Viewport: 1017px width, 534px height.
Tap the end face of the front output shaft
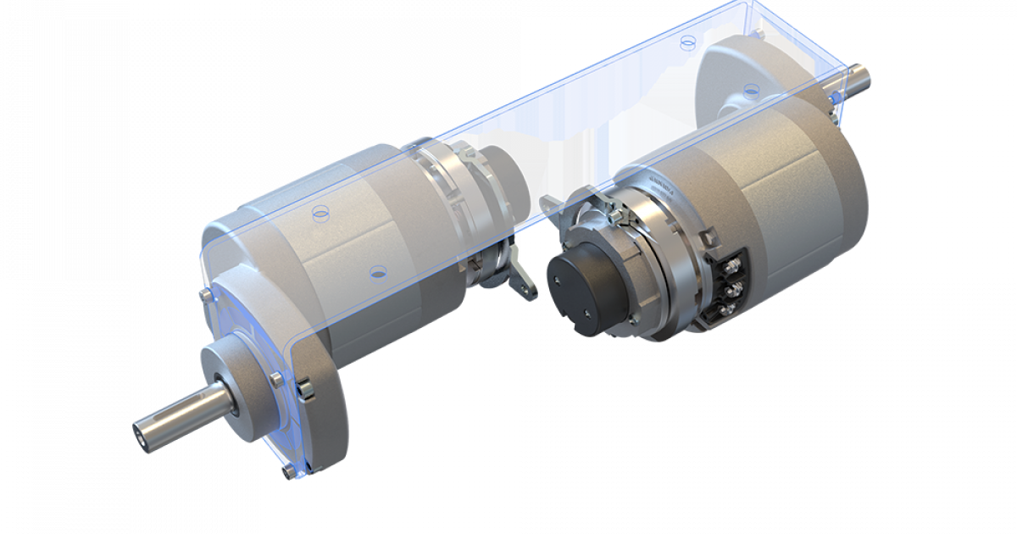[x=141, y=431]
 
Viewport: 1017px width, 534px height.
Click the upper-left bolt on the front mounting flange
[x=205, y=294]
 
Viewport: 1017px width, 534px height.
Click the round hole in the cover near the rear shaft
[x=749, y=89]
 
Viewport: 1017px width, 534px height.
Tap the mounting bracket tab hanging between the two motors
[x=523, y=282]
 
